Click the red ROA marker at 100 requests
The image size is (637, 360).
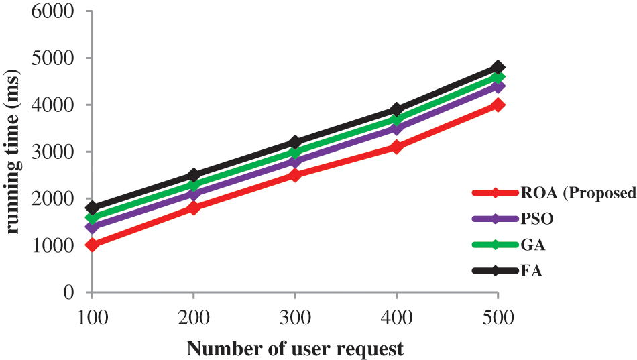[x=92, y=245]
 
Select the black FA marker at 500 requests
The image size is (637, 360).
[x=498, y=67]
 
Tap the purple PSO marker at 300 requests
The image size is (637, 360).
[x=295, y=161]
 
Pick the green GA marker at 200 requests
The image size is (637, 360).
[x=194, y=184]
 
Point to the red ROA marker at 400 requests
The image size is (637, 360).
[x=396, y=147]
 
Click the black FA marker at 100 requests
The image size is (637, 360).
[x=92, y=208]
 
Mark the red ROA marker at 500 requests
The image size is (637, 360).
[x=498, y=105]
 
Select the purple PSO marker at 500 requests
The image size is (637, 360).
[x=498, y=86]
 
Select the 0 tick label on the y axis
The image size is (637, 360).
[x=68, y=292]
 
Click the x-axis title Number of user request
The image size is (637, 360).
[x=295, y=348]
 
